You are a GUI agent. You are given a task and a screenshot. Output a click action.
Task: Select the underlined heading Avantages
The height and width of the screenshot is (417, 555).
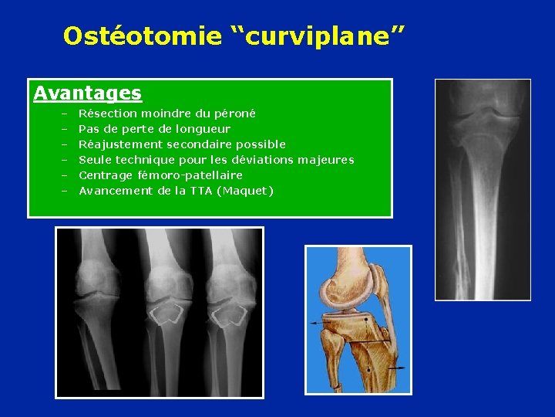click(87, 93)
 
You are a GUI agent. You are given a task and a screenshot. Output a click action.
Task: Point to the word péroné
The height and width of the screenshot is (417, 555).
click(236, 114)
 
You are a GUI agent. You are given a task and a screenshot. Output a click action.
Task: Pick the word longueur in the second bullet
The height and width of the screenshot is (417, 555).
click(203, 129)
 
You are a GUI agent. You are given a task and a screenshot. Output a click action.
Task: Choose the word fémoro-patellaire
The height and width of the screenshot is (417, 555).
click(188, 175)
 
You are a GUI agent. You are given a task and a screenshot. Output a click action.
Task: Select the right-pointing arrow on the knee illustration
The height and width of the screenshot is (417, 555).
click(398, 369)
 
